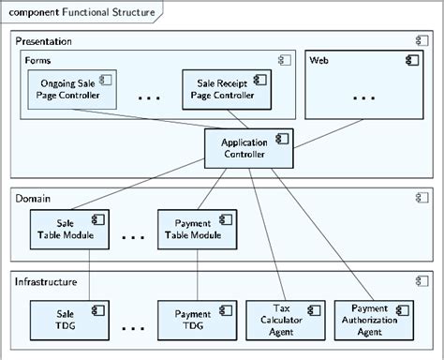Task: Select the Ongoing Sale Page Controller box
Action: pyautogui.click(x=67, y=89)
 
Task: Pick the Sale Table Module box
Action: pyautogui.click(x=71, y=229)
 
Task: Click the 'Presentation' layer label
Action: pyautogui.click(x=44, y=42)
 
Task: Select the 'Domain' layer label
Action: pyautogui.click(x=34, y=198)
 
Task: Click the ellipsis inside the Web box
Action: pyautogui.click(x=364, y=97)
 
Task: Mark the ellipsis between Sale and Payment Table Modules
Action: pyautogui.click(x=133, y=237)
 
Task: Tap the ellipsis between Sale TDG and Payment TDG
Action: pyautogui.click(x=133, y=328)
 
